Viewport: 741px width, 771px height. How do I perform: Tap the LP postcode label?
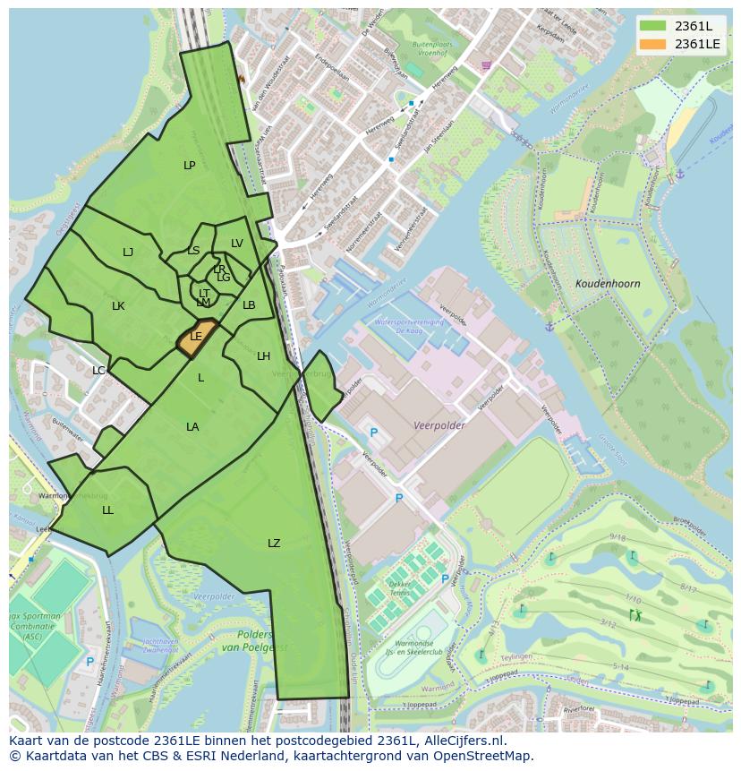click(189, 166)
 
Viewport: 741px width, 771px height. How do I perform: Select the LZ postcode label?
click(274, 544)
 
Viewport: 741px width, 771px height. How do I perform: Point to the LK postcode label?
click(118, 306)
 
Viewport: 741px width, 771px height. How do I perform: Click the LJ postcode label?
click(128, 253)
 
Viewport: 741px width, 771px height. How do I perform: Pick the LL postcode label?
click(107, 510)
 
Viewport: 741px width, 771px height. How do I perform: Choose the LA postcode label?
click(192, 427)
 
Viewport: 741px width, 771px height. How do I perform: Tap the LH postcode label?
click(263, 356)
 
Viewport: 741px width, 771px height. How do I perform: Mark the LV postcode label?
click(237, 244)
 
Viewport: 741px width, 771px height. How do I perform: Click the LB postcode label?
click(249, 305)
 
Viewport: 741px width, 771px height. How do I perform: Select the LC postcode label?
click(98, 370)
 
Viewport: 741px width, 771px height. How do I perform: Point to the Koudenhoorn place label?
click(608, 284)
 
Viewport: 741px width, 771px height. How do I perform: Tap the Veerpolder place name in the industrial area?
click(439, 426)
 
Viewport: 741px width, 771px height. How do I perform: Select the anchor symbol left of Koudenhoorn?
click(549, 326)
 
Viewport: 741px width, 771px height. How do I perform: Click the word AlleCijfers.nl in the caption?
click(464, 741)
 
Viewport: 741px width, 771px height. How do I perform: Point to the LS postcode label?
click(193, 251)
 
